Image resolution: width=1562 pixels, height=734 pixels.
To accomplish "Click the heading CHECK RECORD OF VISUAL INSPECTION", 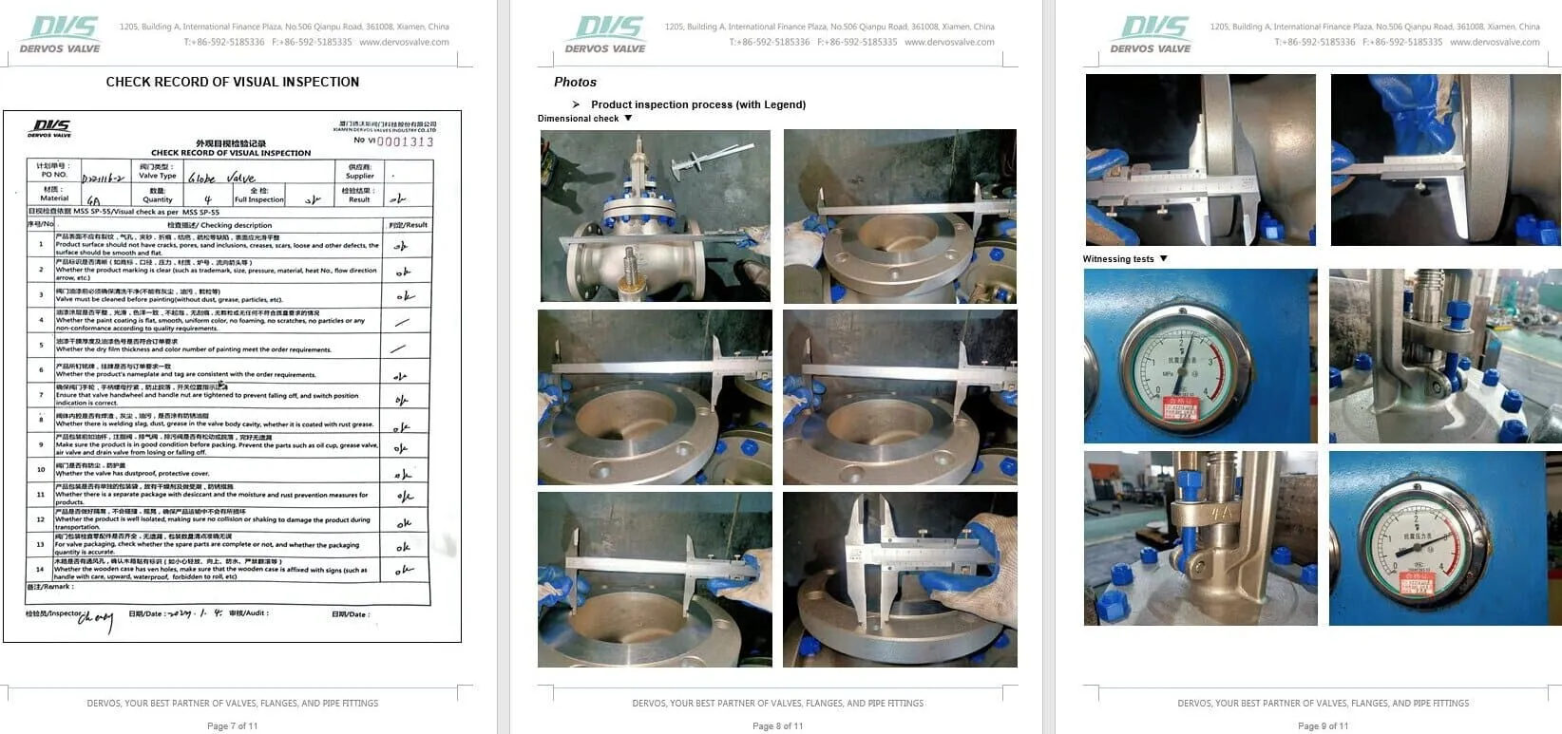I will click(233, 82).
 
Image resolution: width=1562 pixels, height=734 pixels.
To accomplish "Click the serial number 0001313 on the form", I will click(406, 141).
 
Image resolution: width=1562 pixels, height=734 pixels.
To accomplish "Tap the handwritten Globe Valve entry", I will click(221, 178).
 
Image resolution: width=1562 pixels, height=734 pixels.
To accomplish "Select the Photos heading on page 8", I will click(575, 83).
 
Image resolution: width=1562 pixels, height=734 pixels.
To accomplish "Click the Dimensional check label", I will click(578, 119).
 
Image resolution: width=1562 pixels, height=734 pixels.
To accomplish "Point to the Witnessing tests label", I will click(1118, 259).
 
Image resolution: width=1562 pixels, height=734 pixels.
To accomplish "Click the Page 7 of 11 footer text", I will click(233, 726).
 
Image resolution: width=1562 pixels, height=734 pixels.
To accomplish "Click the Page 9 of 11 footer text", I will click(1323, 726).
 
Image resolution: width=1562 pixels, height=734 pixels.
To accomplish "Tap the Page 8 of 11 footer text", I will click(777, 726).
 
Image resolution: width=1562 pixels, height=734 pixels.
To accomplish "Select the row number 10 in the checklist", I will click(41, 469).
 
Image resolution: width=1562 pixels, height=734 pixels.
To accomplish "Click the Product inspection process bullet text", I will click(697, 104).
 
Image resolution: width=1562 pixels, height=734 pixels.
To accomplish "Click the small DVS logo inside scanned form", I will click(50, 128).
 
